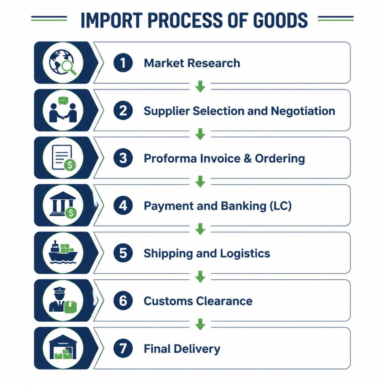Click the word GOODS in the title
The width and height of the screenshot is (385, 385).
pos(280,20)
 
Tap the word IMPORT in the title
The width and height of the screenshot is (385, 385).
pos(112,20)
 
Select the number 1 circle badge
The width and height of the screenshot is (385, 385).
pos(123,63)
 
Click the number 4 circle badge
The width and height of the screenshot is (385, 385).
pos(123,205)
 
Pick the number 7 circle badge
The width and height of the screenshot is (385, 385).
pos(123,348)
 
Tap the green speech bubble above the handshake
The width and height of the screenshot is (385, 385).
pos(63,101)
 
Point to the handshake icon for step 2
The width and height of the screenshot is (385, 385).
pos(63,112)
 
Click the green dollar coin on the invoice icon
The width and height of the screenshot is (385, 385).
pos(70,165)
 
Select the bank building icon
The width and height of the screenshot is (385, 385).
pos(62,204)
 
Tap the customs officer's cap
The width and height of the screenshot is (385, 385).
pos(59,290)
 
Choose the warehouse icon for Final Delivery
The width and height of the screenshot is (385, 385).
pos(63,347)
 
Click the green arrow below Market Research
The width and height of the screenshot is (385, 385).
pos(200,86)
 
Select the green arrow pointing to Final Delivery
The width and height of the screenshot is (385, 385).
pos(200,324)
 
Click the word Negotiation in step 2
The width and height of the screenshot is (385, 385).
pos(303,111)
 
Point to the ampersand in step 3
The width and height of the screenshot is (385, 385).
pos(247,158)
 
